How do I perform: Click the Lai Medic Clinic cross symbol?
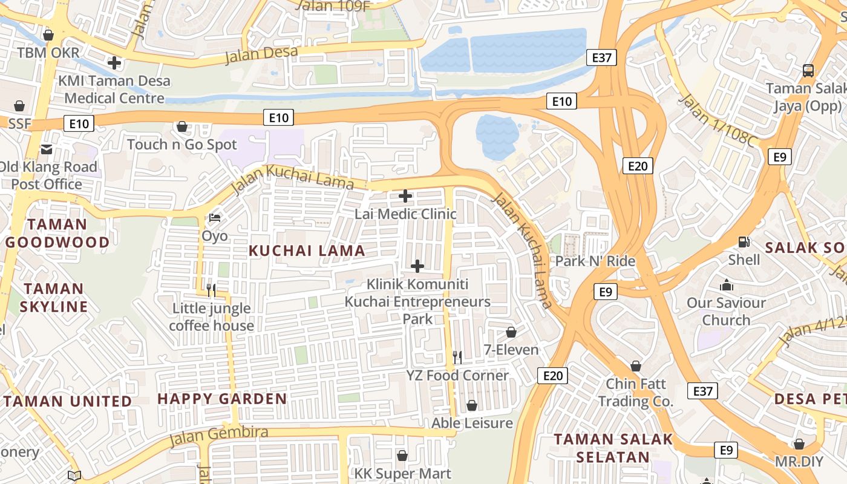point(405,196)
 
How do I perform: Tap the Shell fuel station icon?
point(744,242)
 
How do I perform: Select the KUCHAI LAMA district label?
point(307,250)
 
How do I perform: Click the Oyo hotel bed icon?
point(214,217)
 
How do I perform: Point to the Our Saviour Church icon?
point(726,285)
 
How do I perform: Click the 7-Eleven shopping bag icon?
point(511,332)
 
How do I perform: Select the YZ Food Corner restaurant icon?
point(457,358)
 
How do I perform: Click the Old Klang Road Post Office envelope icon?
point(47,149)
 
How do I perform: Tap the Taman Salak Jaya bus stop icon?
point(808,71)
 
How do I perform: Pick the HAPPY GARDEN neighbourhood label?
point(222,399)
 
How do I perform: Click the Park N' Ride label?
point(595,261)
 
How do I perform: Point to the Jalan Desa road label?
point(261,54)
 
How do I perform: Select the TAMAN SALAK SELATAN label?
point(613,448)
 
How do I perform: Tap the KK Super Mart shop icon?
point(402,456)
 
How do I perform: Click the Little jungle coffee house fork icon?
point(211,290)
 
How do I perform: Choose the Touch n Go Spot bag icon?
point(181,127)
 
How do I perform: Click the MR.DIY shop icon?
point(799,444)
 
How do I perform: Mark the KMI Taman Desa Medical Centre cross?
point(114,62)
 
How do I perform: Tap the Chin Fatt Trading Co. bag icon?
point(635,366)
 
